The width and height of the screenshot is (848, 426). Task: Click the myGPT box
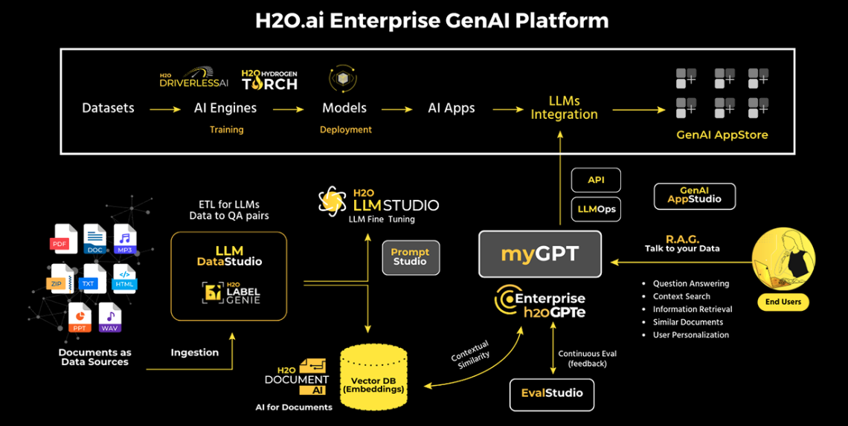pyautogui.click(x=539, y=254)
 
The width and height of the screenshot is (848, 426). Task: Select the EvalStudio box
pyautogui.click(x=552, y=393)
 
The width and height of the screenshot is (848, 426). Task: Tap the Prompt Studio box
pyautogui.click(x=410, y=257)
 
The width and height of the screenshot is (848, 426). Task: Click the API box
pyautogui.click(x=595, y=180)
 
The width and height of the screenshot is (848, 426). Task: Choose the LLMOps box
pyautogui.click(x=596, y=209)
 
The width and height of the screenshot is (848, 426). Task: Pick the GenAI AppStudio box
pyautogui.click(x=694, y=196)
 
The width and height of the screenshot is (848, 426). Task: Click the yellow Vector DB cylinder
pyautogui.click(x=373, y=376)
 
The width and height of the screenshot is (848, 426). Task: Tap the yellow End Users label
pyautogui.click(x=783, y=302)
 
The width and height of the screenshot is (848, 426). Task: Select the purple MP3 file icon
pyautogui.click(x=123, y=239)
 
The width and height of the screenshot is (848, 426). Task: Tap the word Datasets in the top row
pyautogui.click(x=108, y=108)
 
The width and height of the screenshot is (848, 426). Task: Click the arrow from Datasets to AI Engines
pyautogui.click(x=164, y=109)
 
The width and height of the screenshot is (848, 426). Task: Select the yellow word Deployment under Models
pyautogui.click(x=345, y=129)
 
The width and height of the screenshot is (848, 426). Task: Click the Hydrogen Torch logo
pyautogui.click(x=269, y=80)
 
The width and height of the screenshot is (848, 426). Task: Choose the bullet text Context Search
pyautogui.click(x=681, y=296)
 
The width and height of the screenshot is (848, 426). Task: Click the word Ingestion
pyautogui.click(x=195, y=352)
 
